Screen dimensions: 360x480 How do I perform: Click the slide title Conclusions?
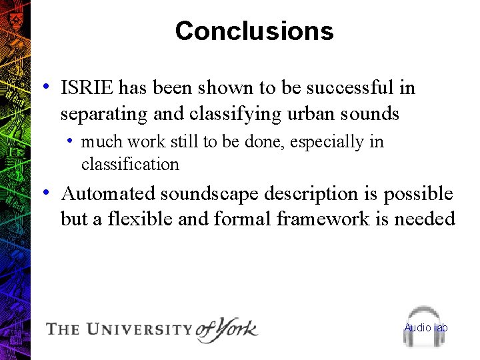click(x=254, y=31)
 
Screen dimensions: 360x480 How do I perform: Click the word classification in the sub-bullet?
click(x=130, y=164)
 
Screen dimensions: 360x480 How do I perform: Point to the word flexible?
click(x=133, y=219)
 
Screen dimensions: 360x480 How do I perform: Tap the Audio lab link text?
click(x=426, y=327)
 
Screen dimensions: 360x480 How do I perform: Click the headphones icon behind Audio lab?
click(x=423, y=327)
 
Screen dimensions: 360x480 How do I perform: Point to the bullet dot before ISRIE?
click(x=45, y=87)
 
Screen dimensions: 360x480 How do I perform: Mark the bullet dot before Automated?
click(x=45, y=193)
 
